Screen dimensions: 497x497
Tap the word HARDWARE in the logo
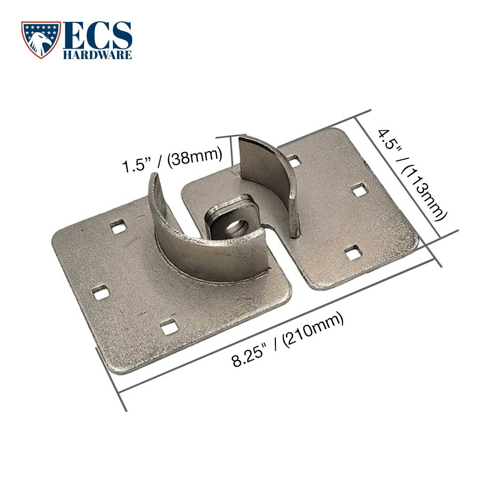tap(97, 54)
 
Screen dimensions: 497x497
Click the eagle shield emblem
tap(41, 40)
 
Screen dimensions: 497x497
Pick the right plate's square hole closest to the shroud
tap(294, 162)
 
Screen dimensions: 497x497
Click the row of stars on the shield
tap(41, 27)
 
